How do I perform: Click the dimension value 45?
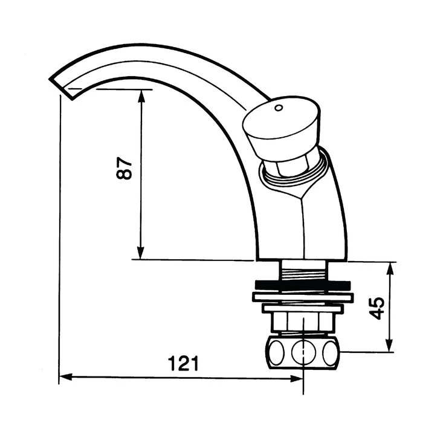coord(378,308)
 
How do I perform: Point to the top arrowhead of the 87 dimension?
coord(141,94)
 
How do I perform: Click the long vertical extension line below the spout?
coord(60,242)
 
